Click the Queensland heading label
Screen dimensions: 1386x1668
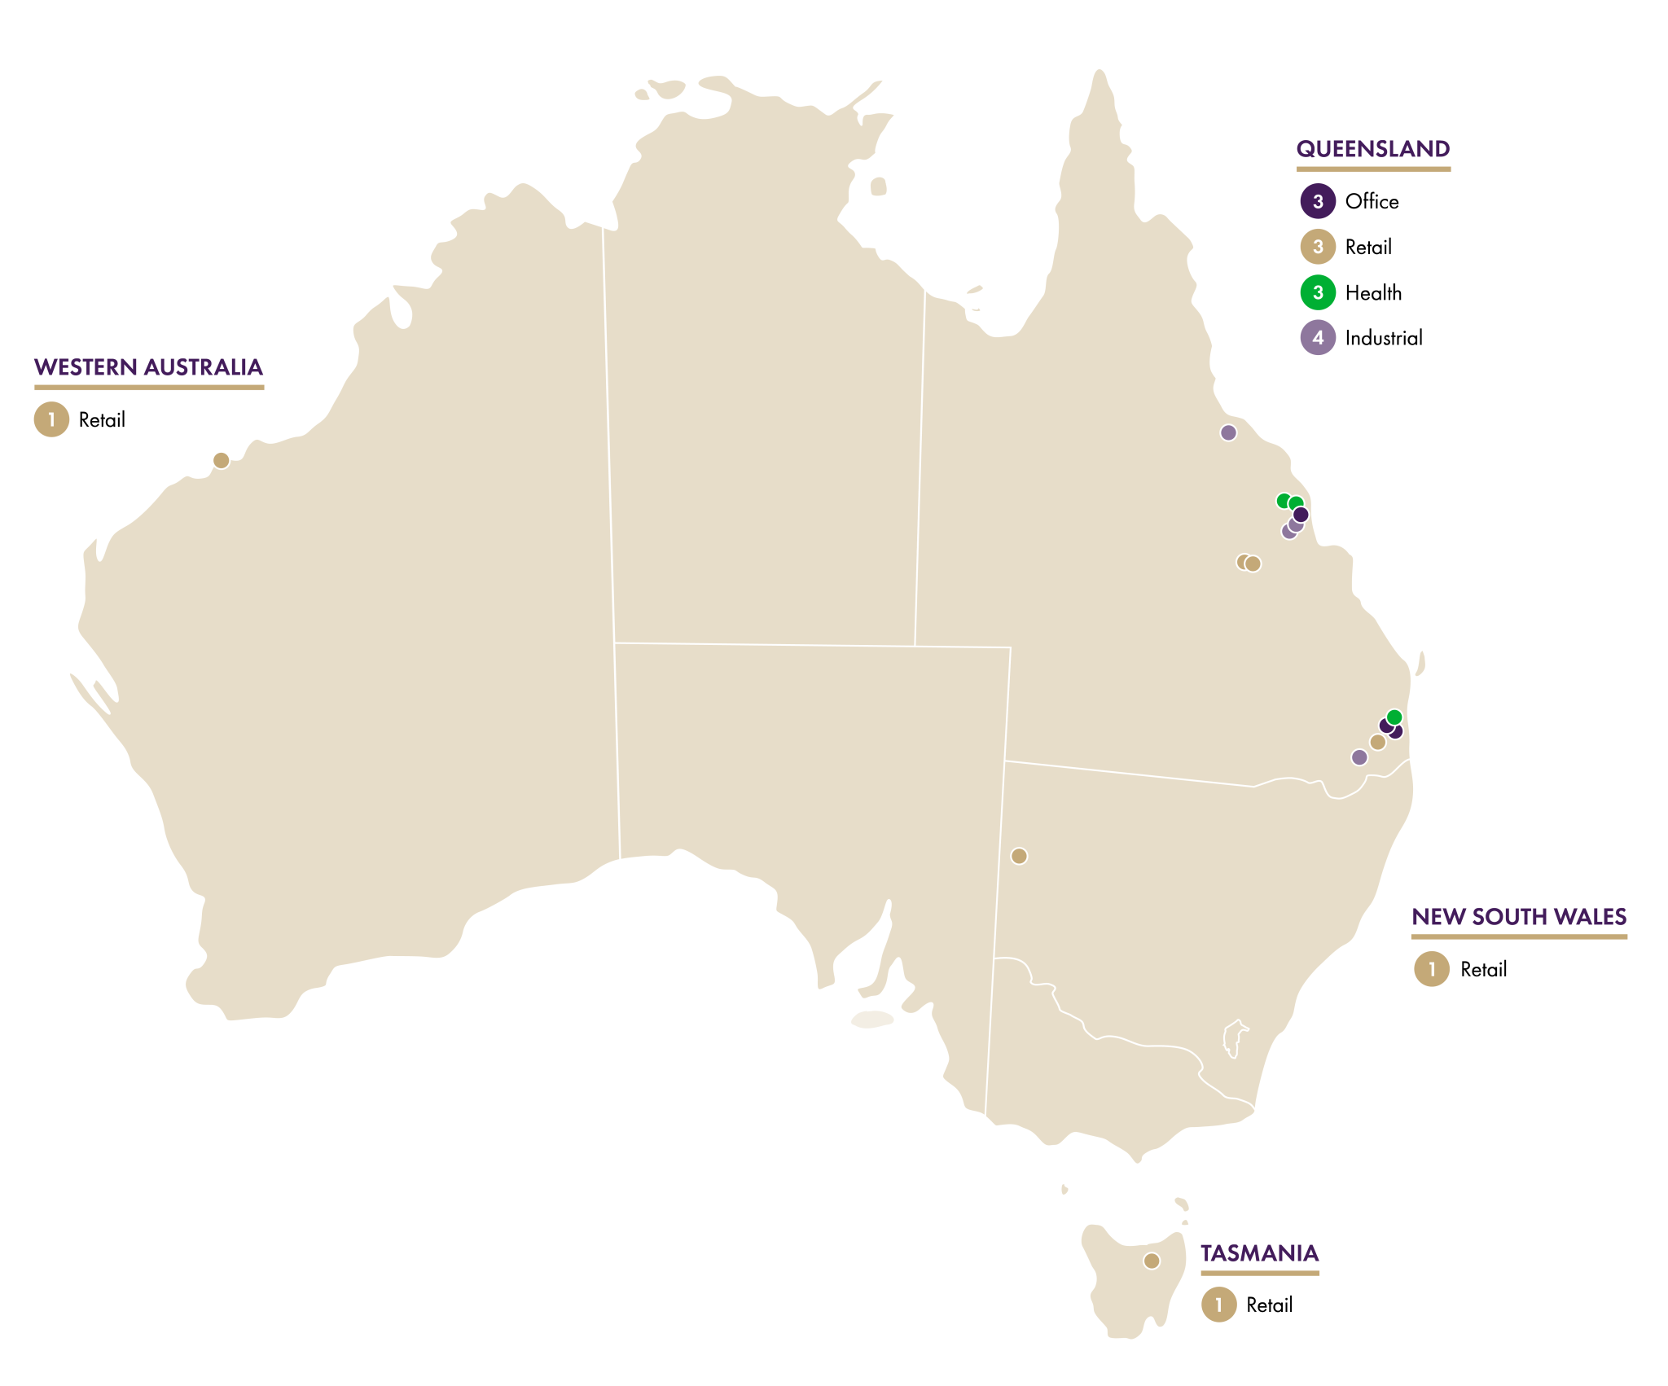pos(1372,149)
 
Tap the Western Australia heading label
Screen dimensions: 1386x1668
pos(148,367)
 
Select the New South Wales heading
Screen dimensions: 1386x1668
pos(1519,917)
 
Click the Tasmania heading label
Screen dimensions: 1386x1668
pos(1259,1253)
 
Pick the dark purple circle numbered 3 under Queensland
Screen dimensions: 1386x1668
pos(1318,201)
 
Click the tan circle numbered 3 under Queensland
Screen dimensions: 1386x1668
pos(1318,247)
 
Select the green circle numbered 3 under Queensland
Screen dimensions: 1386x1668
pos(1318,292)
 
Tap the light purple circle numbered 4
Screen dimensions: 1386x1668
pos(1318,338)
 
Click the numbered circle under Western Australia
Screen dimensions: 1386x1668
pos(51,419)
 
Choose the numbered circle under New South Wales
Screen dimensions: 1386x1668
pos(1432,969)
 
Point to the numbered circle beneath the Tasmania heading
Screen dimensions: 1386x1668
pos(1218,1305)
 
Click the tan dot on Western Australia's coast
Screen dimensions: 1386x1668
pos(221,460)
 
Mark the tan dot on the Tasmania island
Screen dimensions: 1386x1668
pos(1152,1261)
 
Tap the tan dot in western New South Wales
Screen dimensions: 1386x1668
pos(1019,856)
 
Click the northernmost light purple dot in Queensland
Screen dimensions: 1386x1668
pos(1228,432)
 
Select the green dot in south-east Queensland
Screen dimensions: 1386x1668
pos(1394,717)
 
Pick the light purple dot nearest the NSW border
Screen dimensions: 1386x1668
pos(1359,757)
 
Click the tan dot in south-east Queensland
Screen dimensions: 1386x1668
pos(1378,742)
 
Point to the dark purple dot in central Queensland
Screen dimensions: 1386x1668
pos(1301,515)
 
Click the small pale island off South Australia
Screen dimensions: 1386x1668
pos(872,1020)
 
